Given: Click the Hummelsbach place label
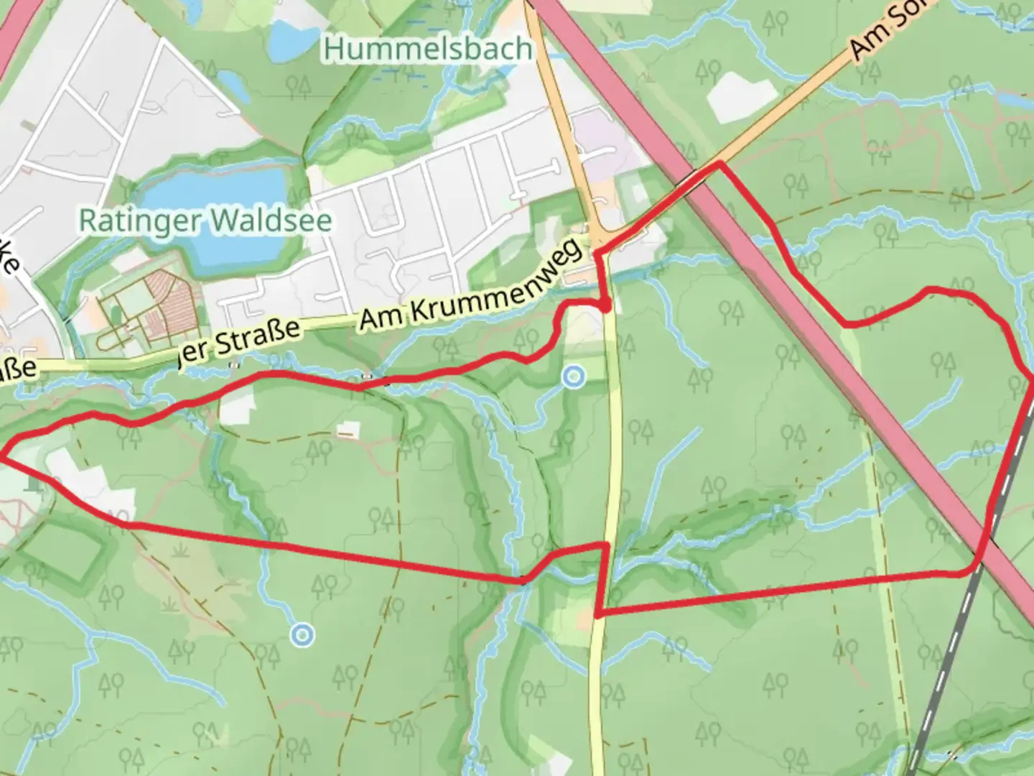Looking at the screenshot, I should click(428, 49).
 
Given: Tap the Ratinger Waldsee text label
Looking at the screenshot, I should click(205, 220).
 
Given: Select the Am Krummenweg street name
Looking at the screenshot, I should click(470, 287).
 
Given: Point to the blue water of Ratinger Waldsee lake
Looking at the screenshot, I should click(215, 216).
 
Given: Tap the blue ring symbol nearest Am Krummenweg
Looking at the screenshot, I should click(572, 377).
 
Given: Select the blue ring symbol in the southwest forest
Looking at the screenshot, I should click(302, 634).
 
